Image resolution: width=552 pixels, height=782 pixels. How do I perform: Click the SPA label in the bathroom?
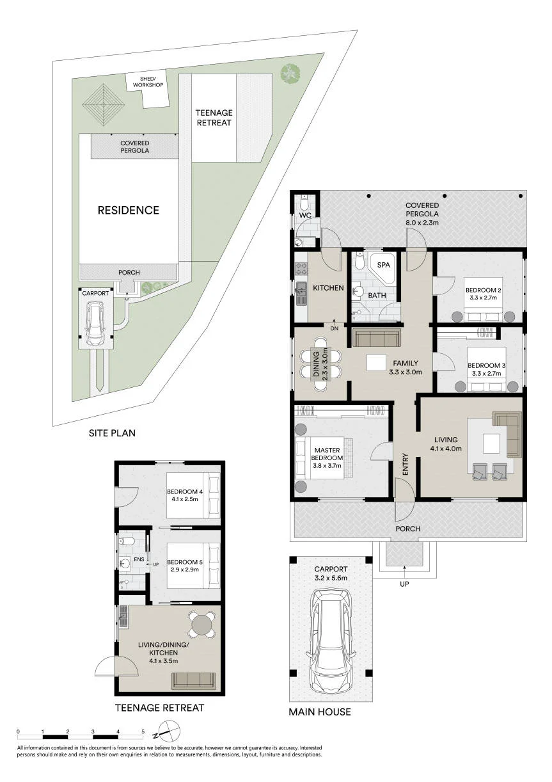(383, 265)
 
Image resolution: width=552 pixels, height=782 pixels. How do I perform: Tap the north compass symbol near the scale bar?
(169, 729)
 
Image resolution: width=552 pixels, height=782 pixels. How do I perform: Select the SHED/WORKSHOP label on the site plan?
(148, 82)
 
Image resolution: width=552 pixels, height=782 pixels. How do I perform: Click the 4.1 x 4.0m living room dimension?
(446, 449)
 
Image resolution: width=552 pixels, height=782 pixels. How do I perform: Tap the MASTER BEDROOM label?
(327, 454)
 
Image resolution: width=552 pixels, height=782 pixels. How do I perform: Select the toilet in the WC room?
(304, 202)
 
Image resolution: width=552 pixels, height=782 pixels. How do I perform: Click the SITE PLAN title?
(112, 433)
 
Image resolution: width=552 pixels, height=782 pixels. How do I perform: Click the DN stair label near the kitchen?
(334, 328)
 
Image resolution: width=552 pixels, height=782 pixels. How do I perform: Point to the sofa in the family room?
(376, 337)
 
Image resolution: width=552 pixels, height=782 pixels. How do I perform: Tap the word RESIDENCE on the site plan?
(129, 210)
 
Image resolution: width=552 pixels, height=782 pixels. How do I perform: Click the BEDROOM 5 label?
(185, 562)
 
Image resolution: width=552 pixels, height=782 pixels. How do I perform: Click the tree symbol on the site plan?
(290, 74)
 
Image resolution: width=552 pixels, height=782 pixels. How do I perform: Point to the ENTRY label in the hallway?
(405, 464)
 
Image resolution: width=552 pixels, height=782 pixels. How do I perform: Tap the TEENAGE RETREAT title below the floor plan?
(159, 708)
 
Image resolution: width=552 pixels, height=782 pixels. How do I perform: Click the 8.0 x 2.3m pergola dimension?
(422, 223)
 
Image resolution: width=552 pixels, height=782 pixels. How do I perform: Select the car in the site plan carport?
(95, 323)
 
